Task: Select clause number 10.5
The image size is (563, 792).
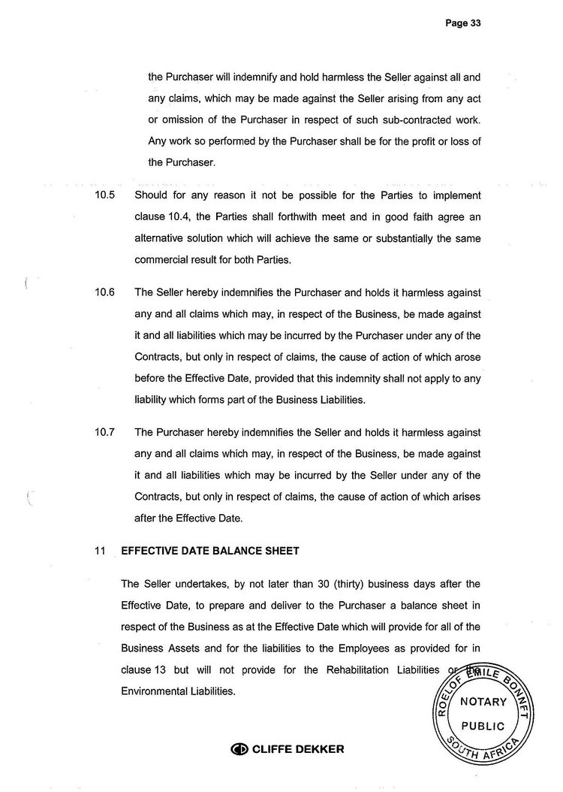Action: click(104, 195)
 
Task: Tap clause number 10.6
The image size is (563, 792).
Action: click(104, 292)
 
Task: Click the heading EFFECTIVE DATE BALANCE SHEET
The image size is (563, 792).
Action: click(210, 551)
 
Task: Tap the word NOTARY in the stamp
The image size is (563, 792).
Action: click(483, 702)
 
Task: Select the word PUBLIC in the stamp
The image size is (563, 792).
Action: click(483, 727)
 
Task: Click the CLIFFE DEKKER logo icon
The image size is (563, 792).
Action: click(239, 749)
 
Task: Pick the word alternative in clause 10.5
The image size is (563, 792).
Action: click(161, 239)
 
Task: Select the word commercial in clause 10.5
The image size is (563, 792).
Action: click(161, 261)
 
